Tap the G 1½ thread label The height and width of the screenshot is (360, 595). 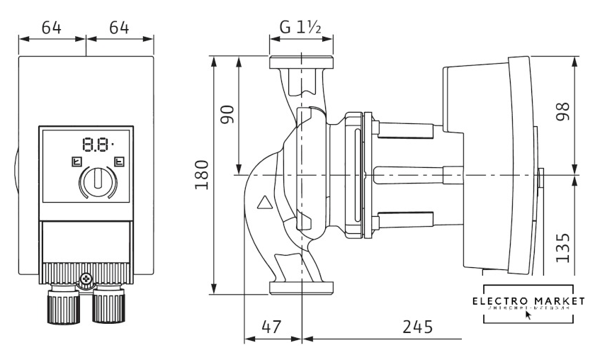coord(301,28)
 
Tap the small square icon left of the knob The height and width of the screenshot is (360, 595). coord(75,162)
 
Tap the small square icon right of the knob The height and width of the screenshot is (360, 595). coord(118,162)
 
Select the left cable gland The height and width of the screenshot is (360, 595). coord(64,304)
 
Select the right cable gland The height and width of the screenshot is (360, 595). coord(107,305)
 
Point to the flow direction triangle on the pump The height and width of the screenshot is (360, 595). coord(265,204)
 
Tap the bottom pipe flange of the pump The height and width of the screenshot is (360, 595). coord(300,287)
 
